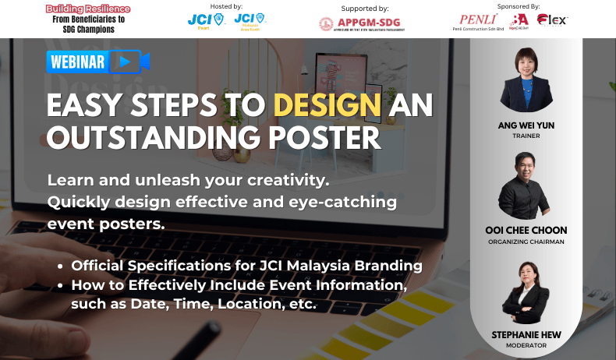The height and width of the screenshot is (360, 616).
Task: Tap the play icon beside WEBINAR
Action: click(126, 62)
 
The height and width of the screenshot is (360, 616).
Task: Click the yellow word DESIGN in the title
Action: click(327, 105)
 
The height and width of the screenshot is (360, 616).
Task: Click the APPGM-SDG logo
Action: click(360, 23)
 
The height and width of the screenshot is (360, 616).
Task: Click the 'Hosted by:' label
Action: click(226, 5)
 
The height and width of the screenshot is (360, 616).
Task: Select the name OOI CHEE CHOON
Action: click(526, 231)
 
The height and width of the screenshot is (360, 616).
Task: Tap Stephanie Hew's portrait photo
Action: click(526, 295)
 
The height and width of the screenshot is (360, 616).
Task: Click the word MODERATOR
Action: click(526, 345)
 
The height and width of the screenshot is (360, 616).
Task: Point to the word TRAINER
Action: click(526, 136)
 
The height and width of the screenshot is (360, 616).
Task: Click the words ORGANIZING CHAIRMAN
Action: click(526, 242)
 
